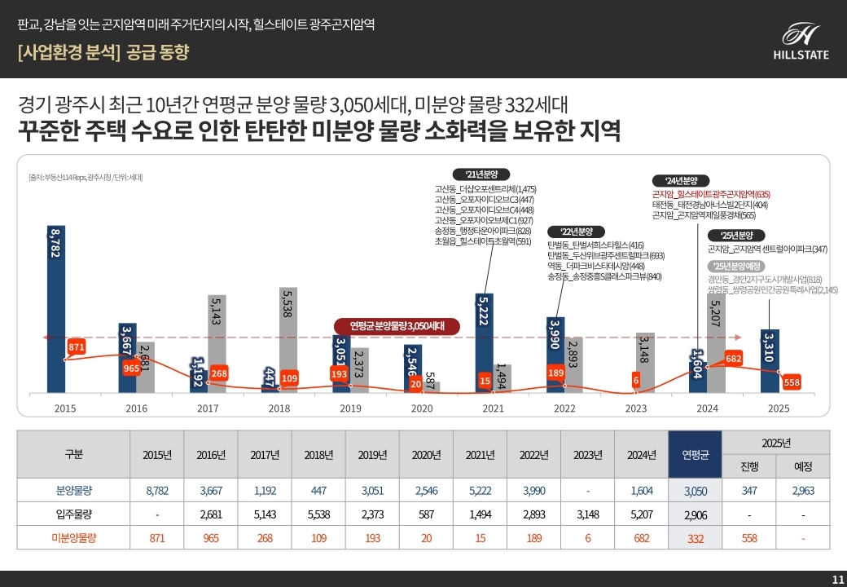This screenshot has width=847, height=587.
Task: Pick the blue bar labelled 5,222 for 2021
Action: point(485,342)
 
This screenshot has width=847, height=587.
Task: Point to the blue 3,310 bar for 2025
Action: point(770,359)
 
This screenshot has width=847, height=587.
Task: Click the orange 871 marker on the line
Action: point(77,347)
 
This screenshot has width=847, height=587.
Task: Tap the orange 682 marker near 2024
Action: point(733,359)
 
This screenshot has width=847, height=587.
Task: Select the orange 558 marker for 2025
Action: point(791,382)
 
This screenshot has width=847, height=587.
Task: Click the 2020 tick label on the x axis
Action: point(422,408)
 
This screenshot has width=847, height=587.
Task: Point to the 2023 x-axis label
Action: point(636,408)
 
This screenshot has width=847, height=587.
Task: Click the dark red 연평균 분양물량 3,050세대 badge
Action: point(397,326)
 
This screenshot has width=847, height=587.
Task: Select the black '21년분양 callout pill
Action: point(481,174)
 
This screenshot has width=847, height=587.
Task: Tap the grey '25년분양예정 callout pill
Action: point(735,267)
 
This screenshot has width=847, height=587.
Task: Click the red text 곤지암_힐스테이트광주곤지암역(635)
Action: point(710,195)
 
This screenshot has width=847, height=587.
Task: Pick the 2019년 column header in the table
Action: point(372,455)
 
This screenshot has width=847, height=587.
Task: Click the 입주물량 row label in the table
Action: point(72,514)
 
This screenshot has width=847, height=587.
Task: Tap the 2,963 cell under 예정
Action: point(802,491)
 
